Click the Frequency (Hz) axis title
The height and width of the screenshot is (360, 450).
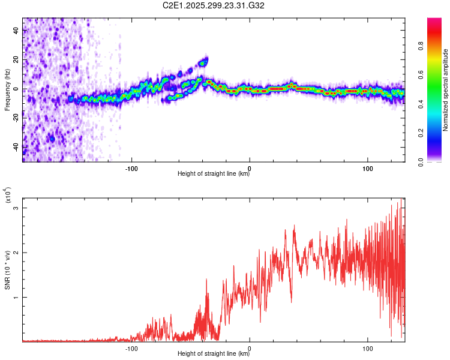(x=7, y=89)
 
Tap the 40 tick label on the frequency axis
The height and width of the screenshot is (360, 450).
(x=17, y=31)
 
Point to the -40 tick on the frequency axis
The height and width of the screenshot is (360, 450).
(x=17, y=147)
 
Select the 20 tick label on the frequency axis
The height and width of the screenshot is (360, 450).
(x=17, y=60)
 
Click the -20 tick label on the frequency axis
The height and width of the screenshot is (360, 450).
(x=17, y=118)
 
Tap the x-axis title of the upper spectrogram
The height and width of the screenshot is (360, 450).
(x=214, y=174)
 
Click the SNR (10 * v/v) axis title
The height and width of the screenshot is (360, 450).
(x=7, y=268)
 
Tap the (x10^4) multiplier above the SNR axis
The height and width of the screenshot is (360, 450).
(x=7, y=196)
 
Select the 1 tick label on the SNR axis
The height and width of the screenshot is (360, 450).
(x=17, y=298)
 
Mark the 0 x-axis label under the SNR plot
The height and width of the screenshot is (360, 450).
(x=250, y=347)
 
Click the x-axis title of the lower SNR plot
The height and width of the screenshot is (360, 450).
(x=214, y=354)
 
